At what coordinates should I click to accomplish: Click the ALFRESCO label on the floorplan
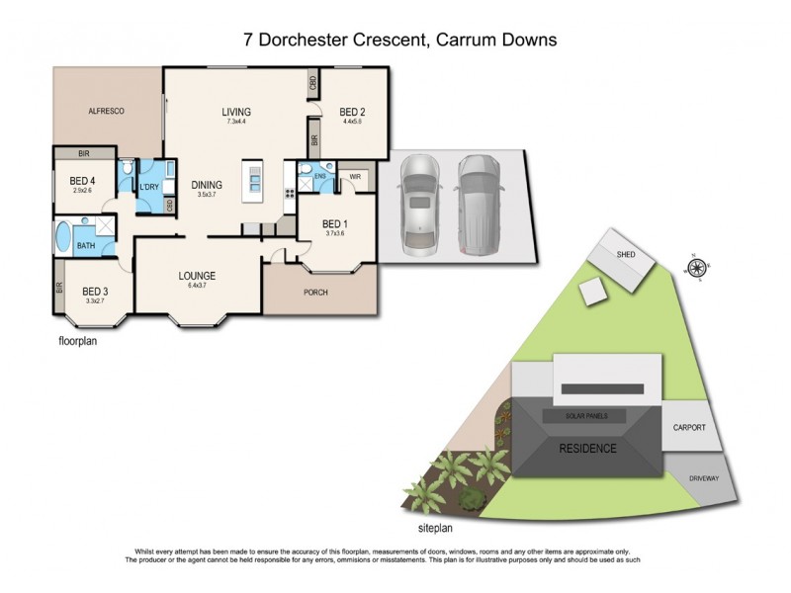pyautogui.click(x=105, y=112)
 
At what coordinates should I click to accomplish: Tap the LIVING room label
pyautogui.click(x=236, y=112)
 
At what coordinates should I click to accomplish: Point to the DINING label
pyautogui.click(x=207, y=185)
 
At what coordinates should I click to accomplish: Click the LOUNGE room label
pyautogui.click(x=197, y=276)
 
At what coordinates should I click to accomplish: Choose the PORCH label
pyautogui.click(x=317, y=292)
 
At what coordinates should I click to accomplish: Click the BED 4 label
pyautogui.click(x=82, y=181)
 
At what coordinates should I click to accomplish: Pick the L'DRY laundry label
pyautogui.click(x=150, y=188)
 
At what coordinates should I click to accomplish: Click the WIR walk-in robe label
pyautogui.click(x=355, y=178)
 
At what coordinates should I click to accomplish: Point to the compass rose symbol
pyautogui.click(x=697, y=267)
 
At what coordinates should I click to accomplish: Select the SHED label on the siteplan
pyautogui.click(x=626, y=254)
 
